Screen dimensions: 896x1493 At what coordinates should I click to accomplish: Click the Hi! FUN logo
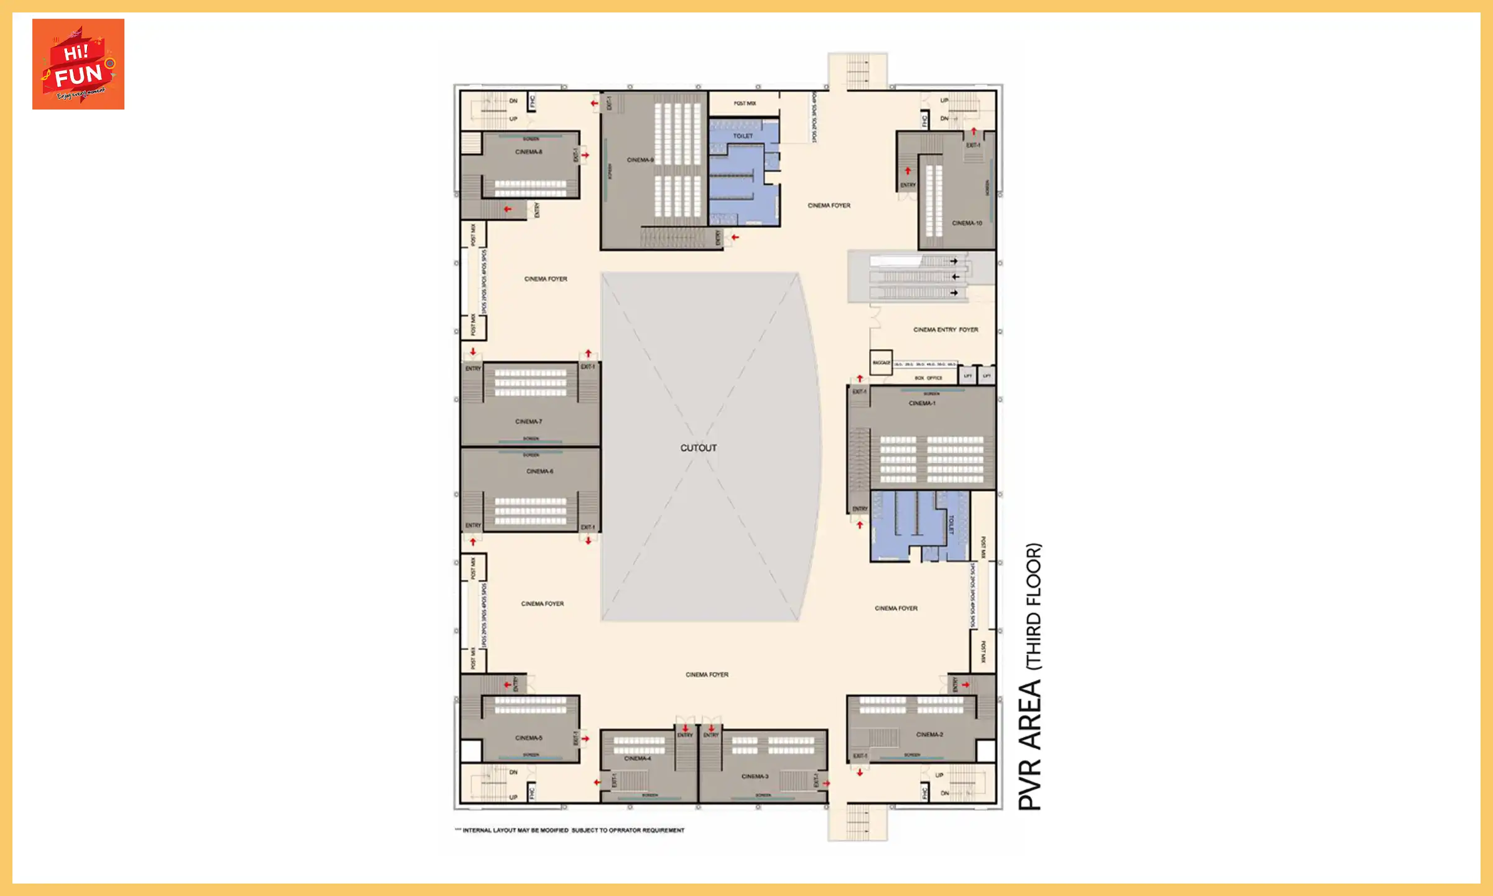pyautogui.click(x=78, y=64)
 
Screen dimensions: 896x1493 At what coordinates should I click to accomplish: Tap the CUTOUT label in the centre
pyautogui.click(x=698, y=448)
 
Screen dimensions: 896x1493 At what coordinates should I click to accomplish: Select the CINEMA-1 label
pyautogui.click(x=921, y=403)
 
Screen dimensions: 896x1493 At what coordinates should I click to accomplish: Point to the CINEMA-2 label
pyautogui.click(x=929, y=734)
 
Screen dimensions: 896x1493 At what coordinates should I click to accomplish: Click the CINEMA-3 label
pyautogui.click(x=755, y=777)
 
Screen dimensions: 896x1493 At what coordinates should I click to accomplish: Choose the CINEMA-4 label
pyautogui.click(x=638, y=758)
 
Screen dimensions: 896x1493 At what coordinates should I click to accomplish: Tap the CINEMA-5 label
pyautogui.click(x=528, y=738)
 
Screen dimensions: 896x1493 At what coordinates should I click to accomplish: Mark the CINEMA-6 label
pyautogui.click(x=539, y=471)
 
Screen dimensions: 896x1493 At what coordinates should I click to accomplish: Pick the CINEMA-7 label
pyautogui.click(x=528, y=421)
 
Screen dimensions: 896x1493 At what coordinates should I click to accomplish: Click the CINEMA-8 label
pyautogui.click(x=528, y=152)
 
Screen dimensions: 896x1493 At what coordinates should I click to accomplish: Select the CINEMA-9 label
pyautogui.click(x=640, y=160)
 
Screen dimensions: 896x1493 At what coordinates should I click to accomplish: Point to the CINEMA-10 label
pyautogui.click(x=967, y=223)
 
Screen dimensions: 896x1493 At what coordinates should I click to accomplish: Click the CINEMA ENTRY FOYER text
pyautogui.click(x=945, y=330)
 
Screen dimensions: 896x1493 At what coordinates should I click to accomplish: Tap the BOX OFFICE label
pyautogui.click(x=928, y=378)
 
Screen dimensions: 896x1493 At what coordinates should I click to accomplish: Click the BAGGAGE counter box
pyautogui.click(x=881, y=363)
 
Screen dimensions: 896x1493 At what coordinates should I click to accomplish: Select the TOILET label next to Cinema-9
pyautogui.click(x=743, y=136)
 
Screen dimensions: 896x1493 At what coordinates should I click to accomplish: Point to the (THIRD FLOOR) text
pyautogui.click(x=1033, y=606)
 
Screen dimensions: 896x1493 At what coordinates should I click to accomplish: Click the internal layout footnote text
pyautogui.click(x=572, y=830)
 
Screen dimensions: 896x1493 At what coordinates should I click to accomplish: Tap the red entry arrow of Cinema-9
pyautogui.click(x=735, y=237)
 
